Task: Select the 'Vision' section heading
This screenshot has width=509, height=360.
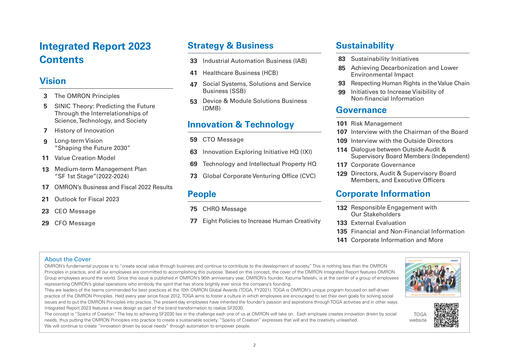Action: (54, 80)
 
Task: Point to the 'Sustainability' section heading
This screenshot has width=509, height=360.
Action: (371, 46)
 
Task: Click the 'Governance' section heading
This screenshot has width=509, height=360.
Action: (367, 111)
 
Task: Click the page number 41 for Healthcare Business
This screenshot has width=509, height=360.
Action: (193, 74)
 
